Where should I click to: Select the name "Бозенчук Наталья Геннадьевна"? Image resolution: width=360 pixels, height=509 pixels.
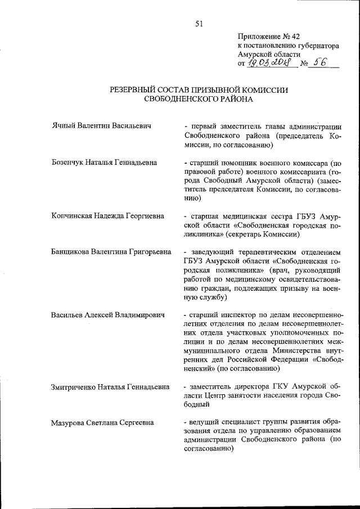[x=104, y=163]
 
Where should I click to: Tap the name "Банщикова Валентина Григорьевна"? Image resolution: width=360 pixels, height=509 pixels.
[x=111, y=251]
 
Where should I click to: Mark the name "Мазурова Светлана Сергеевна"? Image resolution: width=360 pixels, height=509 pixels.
[x=105, y=422]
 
